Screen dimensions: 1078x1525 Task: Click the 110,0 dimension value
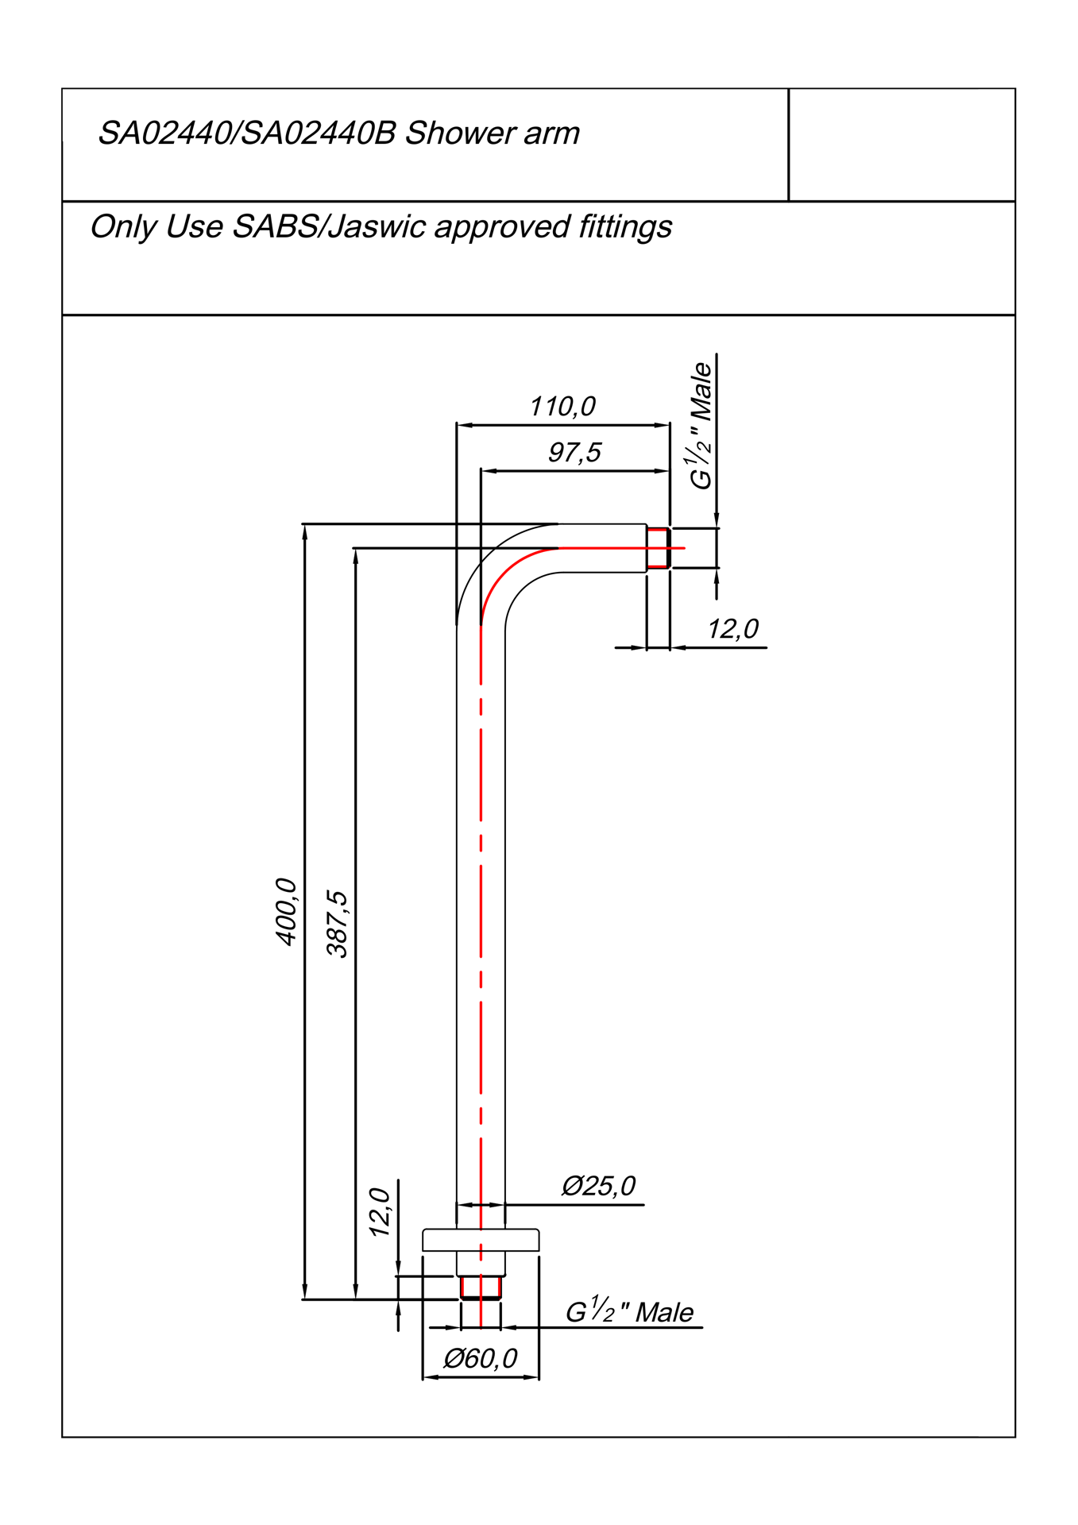tap(562, 407)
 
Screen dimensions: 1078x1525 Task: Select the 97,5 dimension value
tap(574, 453)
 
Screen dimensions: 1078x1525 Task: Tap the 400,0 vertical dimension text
tap(286, 912)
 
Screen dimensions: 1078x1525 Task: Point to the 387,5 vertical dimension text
tap(337, 924)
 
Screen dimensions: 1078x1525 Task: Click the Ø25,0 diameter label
tap(598, 1186)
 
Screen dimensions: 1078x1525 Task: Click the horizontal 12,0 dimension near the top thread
tap(732, 629)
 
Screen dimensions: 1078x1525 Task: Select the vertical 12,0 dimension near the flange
tap(380, 1212)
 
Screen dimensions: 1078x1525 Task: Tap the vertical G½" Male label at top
tap(701, 426)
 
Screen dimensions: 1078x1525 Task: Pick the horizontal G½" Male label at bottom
tap(629, 1311)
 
